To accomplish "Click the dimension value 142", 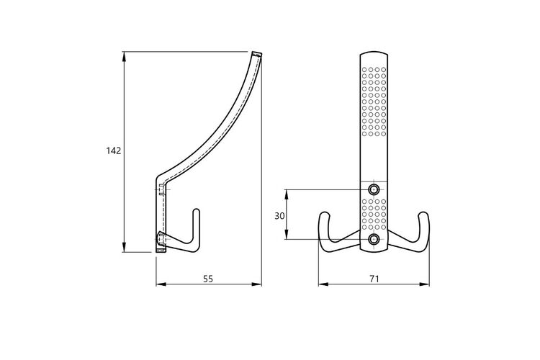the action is [x=114, y=151].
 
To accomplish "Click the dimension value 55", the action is [x=208, y=279].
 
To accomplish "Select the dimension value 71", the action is [x=374, y=279].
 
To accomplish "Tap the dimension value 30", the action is [x=279, y=216].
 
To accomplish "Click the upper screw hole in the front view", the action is [x=374, y=189].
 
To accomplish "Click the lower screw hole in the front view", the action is [x=374, y=239].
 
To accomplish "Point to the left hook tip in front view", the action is [x=324, y=215].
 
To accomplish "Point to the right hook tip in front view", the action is [x=423, y=215].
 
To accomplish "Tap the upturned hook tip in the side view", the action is [x=197, y=210].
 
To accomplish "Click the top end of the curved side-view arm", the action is [x=256, y=54].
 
